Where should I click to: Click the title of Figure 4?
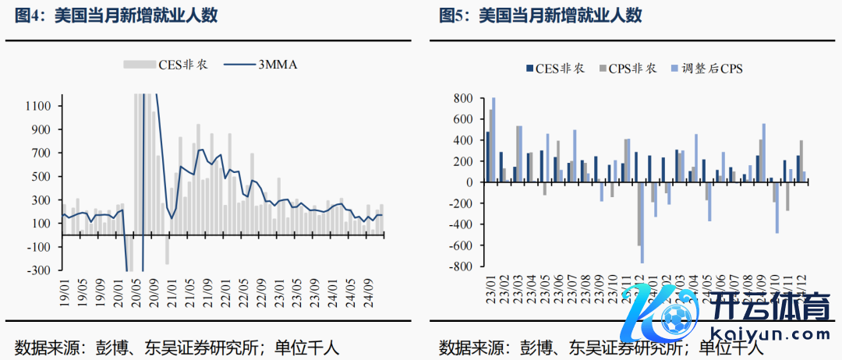click(116, 16)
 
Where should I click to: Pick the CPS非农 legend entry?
click(628, 69)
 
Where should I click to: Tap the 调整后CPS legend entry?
click(706, 69)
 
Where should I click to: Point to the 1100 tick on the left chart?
click(39, 106)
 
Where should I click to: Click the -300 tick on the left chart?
click(39, 270)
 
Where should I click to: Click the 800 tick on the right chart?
click(463, 98)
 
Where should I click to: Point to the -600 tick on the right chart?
click(460, 245)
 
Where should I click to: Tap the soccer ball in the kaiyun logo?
click(673, 317)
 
